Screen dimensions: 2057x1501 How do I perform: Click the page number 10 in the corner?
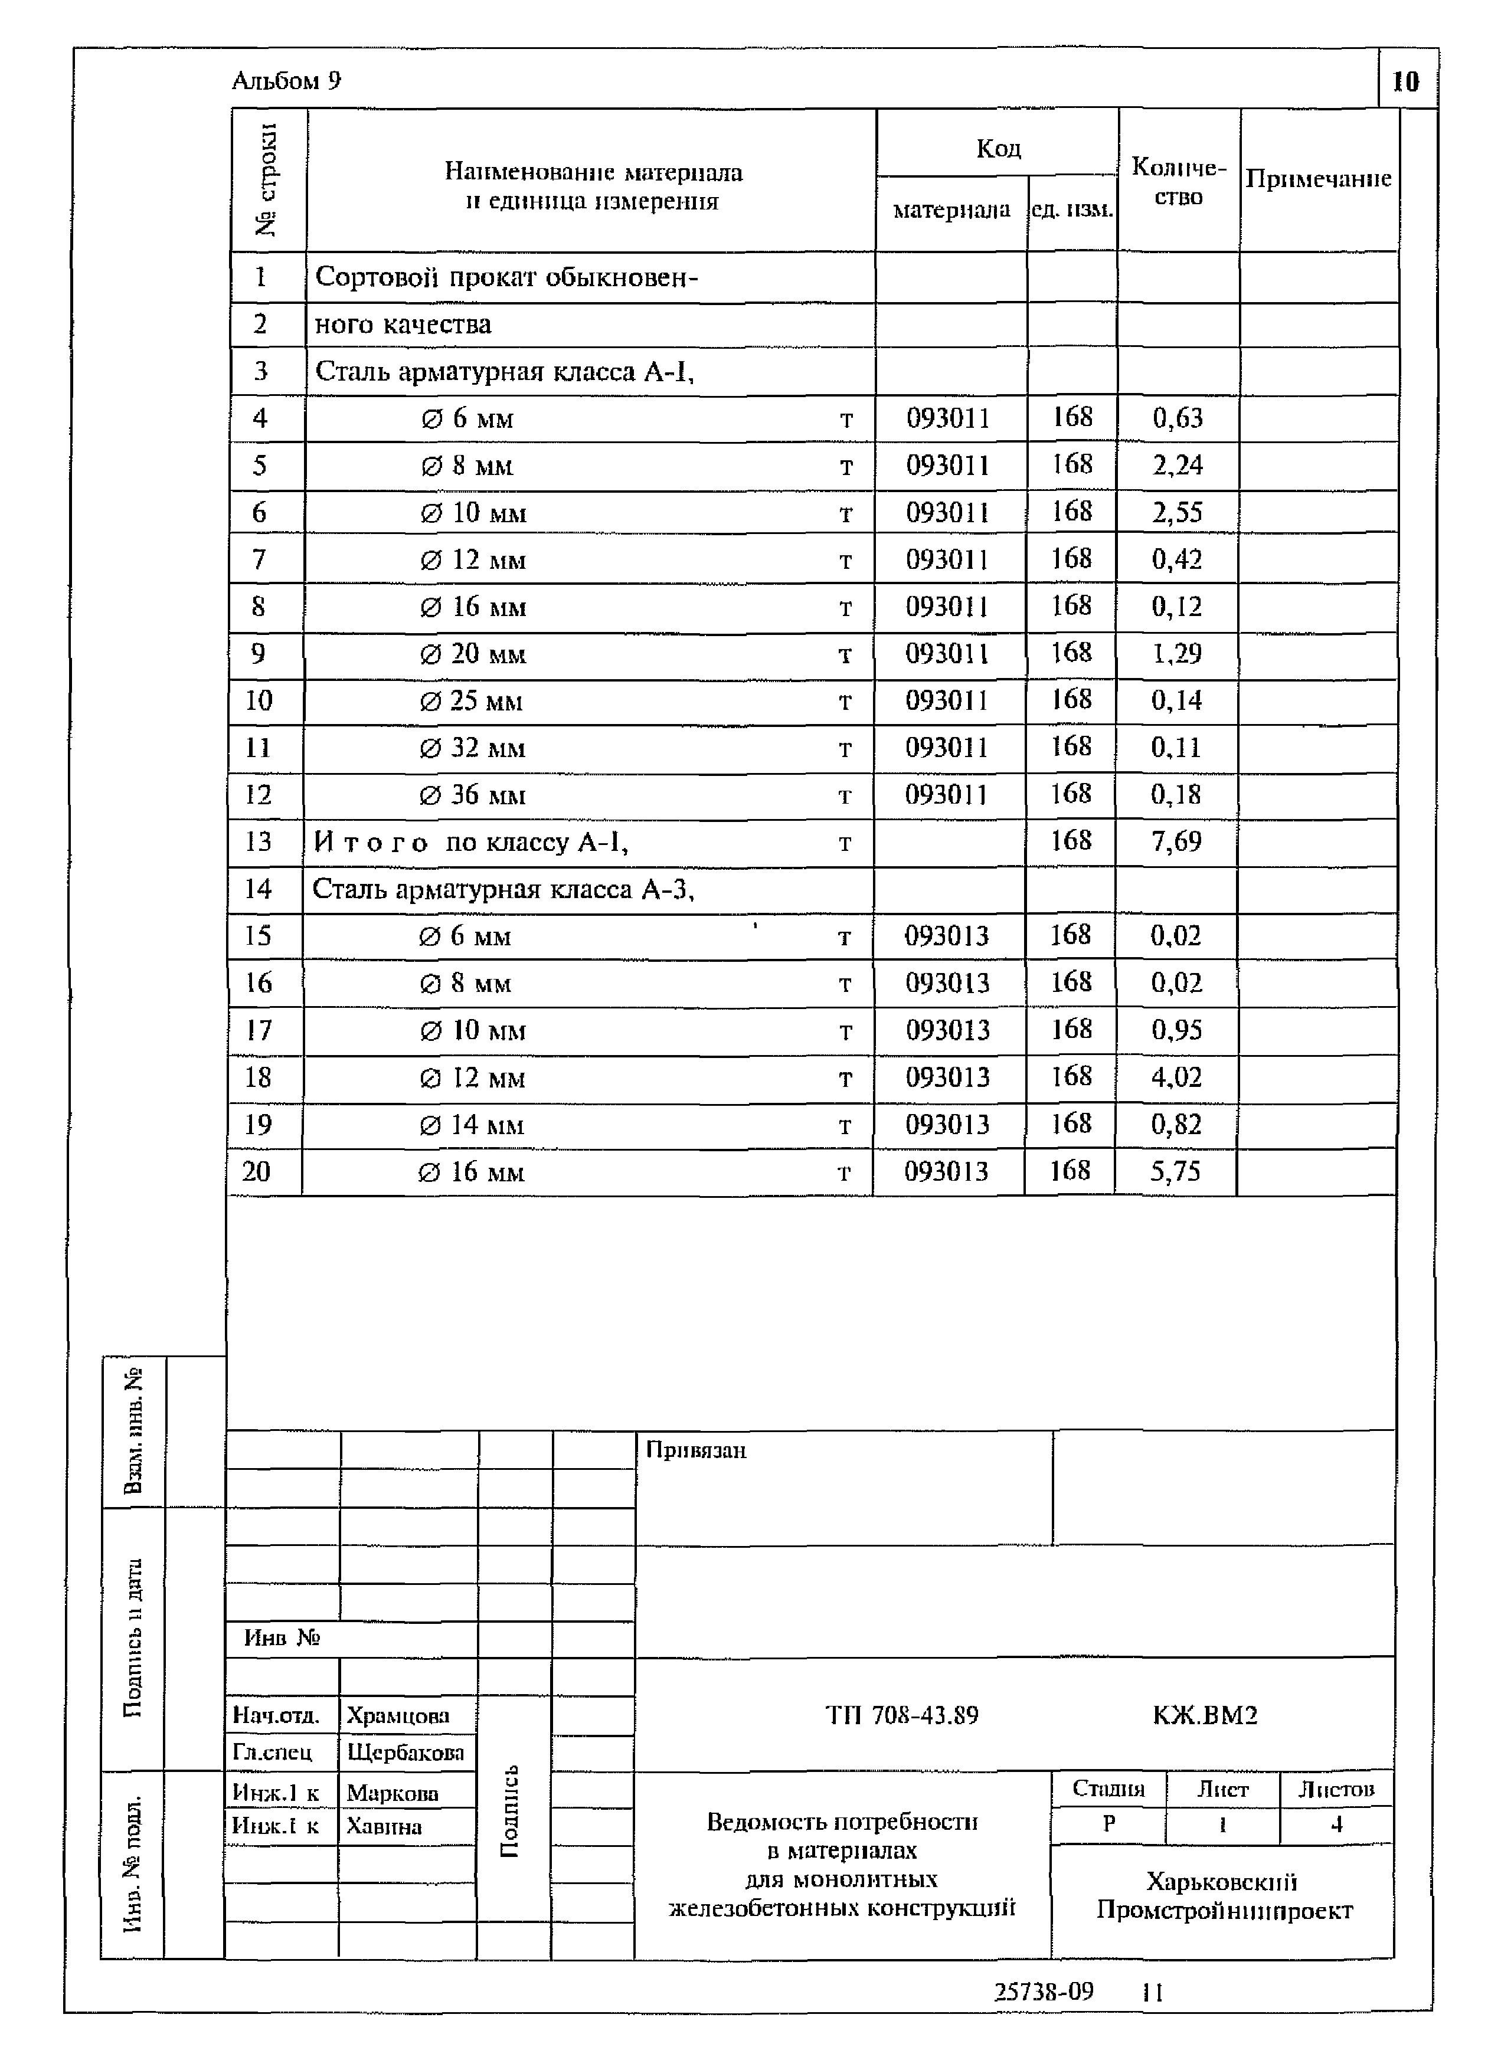pyautogui.click(x=1405, y=82)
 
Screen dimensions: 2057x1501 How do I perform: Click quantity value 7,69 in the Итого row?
pyautogui.click(x=1176, y=842)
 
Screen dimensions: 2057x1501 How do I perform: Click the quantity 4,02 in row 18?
pyautogui.click(x=1176, y=1077)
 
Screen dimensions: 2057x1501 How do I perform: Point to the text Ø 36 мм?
pyautogui.click(x=472, y=795)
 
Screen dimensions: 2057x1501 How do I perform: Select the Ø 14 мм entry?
pyautogui.click(x=472, y=1125)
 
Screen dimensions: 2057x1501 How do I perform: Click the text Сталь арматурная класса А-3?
pyautogui.click(x=502, y=889)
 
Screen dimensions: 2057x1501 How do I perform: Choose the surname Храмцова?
pyautogui.click(x=397, y=1715)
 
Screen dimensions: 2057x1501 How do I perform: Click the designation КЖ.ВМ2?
pyautogui.click(x=1204, y=1715)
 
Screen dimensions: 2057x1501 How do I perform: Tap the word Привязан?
pyautogui.click(x=695, y=1450)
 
